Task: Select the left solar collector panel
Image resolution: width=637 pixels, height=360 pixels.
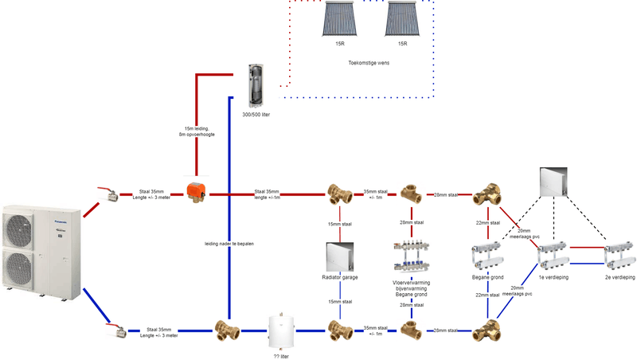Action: click(340, 20)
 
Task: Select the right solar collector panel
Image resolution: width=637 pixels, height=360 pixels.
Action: click(406, 20)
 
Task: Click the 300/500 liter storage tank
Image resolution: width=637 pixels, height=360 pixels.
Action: click(257, 83)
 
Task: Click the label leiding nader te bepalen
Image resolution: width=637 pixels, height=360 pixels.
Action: click(229, 244)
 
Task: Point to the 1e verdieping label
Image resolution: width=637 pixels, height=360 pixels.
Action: click(553, 277)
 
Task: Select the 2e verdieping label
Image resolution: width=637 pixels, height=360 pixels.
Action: click(619, 277)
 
